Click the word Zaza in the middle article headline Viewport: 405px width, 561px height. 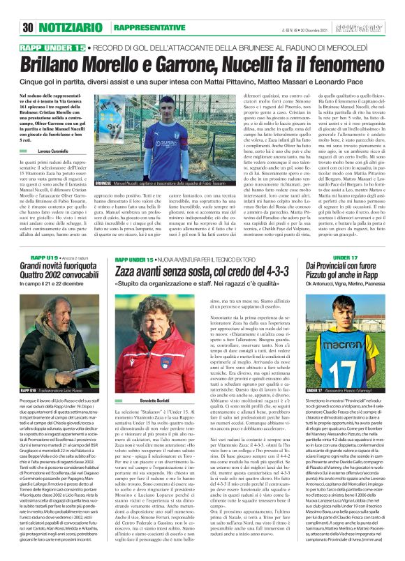pos(127,270)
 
